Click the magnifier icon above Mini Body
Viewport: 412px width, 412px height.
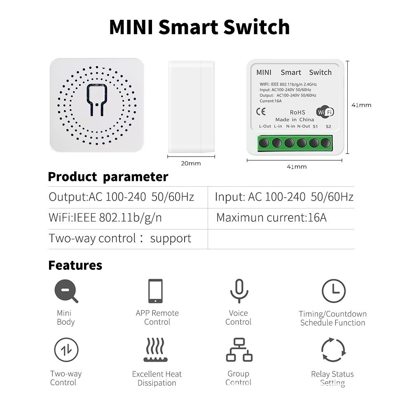(x=66, y=291)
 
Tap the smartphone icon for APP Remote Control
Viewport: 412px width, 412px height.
(x=156, y=291)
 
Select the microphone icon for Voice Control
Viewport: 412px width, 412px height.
(x=239, y=290)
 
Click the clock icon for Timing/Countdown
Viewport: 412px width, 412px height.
(x=333, y=291)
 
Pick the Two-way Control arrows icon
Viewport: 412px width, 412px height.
(x=66, y=350)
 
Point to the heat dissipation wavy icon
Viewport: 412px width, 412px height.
(x=156, y=350)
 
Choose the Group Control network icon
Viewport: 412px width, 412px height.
(x=239, y=350)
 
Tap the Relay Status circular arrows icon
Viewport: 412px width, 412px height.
(x=333, y=350)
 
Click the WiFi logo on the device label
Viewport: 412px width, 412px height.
(x=325, y=112)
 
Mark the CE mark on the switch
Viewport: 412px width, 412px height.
(x=261, y=111)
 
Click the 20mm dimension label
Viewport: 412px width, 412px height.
(x=191, y=164)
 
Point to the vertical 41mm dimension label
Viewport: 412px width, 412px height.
(x=361, y=105)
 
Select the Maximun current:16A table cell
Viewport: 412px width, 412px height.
(x=272, y=218)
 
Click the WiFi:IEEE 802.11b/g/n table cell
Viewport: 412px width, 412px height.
(x=105, y=218)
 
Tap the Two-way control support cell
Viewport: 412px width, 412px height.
(x=120, y=239)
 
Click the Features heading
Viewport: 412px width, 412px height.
(x=75, y=265)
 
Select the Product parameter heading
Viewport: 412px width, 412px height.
(x=108, y=177)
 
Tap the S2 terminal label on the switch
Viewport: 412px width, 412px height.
(x=328, y=126)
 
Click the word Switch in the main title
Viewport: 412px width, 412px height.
(x=256, y=27)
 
